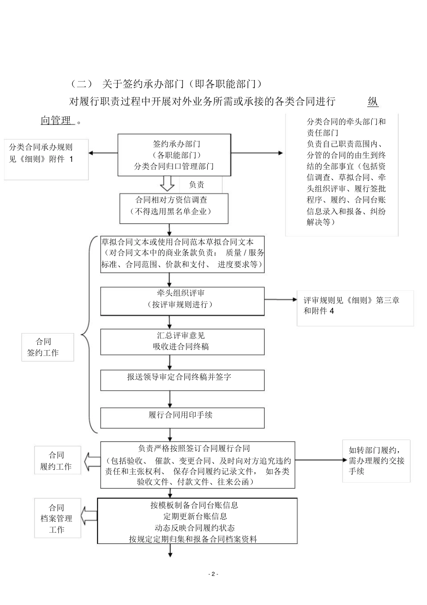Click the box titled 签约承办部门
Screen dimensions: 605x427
pos(174,155)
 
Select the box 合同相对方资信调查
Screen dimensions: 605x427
pos(173,208)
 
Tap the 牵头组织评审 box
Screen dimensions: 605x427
pos(182,301)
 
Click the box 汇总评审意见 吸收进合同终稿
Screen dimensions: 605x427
pos(182,342)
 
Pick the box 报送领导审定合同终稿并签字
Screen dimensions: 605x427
pos(182,380)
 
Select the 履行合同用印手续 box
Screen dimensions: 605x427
pos(182,418)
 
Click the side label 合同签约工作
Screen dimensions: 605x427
pos(47,347)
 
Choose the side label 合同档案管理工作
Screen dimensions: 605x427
pos(57,518)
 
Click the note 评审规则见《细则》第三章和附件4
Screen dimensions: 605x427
pos(355,308)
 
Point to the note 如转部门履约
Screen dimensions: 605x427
pos(376,461)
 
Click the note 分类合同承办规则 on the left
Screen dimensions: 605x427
pos(46,159)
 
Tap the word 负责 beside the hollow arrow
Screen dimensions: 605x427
pos(196,185)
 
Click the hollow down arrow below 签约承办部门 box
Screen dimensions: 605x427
pos(168,184)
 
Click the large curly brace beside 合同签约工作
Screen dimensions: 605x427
pos(88,334)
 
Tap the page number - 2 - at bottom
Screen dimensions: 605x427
pos(213,574)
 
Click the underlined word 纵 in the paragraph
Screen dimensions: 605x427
pos(373,102)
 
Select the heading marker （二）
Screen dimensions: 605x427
pos(82,84)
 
